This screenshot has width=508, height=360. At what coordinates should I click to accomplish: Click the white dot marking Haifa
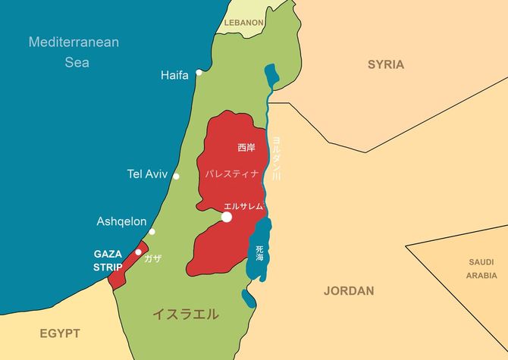click(199, 73)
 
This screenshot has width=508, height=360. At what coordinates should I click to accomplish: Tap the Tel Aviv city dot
click(177, 176)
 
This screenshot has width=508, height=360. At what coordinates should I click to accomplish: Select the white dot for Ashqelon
click(152, 232)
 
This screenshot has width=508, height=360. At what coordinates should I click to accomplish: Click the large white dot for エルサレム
click(226, 218)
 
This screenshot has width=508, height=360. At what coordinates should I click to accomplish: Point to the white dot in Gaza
click(138, 252)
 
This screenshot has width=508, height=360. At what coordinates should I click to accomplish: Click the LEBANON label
click(243, 23)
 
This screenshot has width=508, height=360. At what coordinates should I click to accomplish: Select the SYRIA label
click(386, 64)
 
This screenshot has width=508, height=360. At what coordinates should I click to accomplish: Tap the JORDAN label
click(349, 290)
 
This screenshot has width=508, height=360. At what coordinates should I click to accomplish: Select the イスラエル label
click(186, 313)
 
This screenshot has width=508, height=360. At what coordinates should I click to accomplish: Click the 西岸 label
click(246, 147)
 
